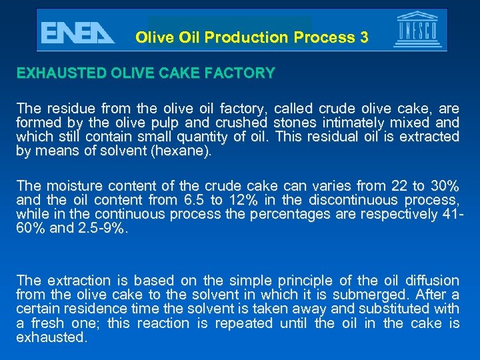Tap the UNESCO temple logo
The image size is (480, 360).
pos(417,31)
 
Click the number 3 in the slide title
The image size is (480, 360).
pos(363,37)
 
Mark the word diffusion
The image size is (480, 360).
pos(433,280)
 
